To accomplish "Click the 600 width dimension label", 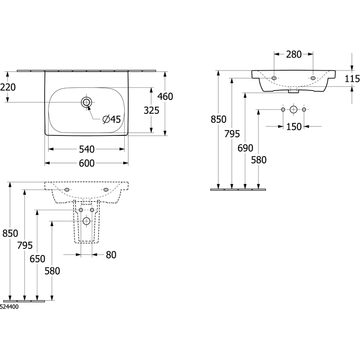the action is (86, 163).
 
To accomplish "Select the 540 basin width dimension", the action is (86, 149).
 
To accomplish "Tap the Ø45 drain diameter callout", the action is (112, 119).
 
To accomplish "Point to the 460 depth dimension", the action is (165, 96).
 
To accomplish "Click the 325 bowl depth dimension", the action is (151, 110).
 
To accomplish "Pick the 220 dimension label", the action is (8, 87).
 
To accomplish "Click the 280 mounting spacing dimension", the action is (294, 54).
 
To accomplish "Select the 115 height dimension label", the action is (352, 79).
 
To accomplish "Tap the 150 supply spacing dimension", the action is (294, 126).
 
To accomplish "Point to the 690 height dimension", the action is (245, 148).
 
